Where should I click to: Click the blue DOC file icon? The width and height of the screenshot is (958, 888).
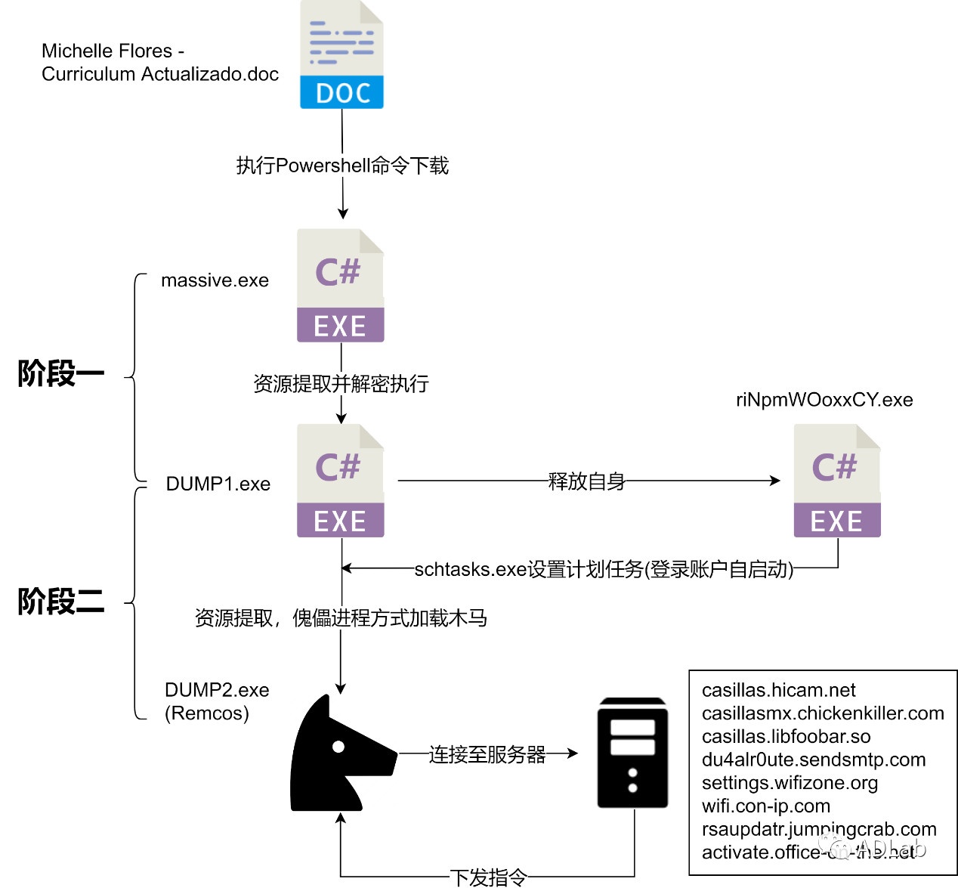[341, 55]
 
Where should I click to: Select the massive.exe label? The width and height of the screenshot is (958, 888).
[215, 280]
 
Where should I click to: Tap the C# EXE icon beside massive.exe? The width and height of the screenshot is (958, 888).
[340, 286]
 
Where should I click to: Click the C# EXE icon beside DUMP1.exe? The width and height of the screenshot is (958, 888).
[340, 481]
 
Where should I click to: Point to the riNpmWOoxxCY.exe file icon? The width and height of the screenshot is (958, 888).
[836, 481]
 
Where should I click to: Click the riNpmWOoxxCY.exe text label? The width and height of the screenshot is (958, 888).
[824, 400]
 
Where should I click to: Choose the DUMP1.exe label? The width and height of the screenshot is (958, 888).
[218, 484]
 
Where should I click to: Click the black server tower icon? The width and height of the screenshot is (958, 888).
[632, 753]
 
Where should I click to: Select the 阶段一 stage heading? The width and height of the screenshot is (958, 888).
[60, 373]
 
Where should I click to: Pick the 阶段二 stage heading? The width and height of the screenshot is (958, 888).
[60, 602]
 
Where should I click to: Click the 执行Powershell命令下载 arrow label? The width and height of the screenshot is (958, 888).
[342, 166]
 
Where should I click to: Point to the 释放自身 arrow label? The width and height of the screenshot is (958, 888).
[586, 481]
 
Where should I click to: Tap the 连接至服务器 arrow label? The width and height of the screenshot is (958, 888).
[487, 754]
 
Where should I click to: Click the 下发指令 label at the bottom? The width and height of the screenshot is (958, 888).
[488, 877]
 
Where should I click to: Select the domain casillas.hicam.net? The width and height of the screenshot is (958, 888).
[778, 690]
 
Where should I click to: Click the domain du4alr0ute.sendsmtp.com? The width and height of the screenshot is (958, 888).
[813, 760]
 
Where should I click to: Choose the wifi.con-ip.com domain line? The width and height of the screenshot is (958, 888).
[765, 806]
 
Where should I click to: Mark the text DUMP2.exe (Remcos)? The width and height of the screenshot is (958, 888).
[216, 701]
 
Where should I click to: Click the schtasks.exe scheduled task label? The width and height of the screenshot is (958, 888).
[604, 569]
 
